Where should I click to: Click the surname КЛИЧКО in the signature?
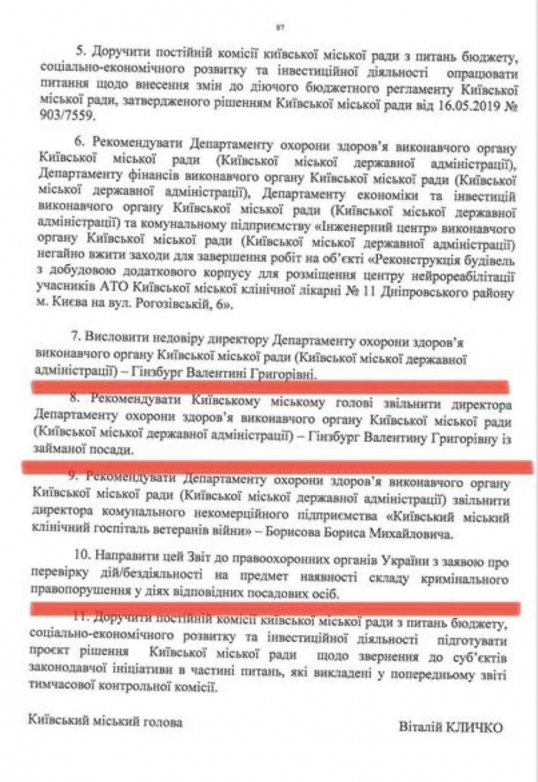[x=474, y=727]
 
